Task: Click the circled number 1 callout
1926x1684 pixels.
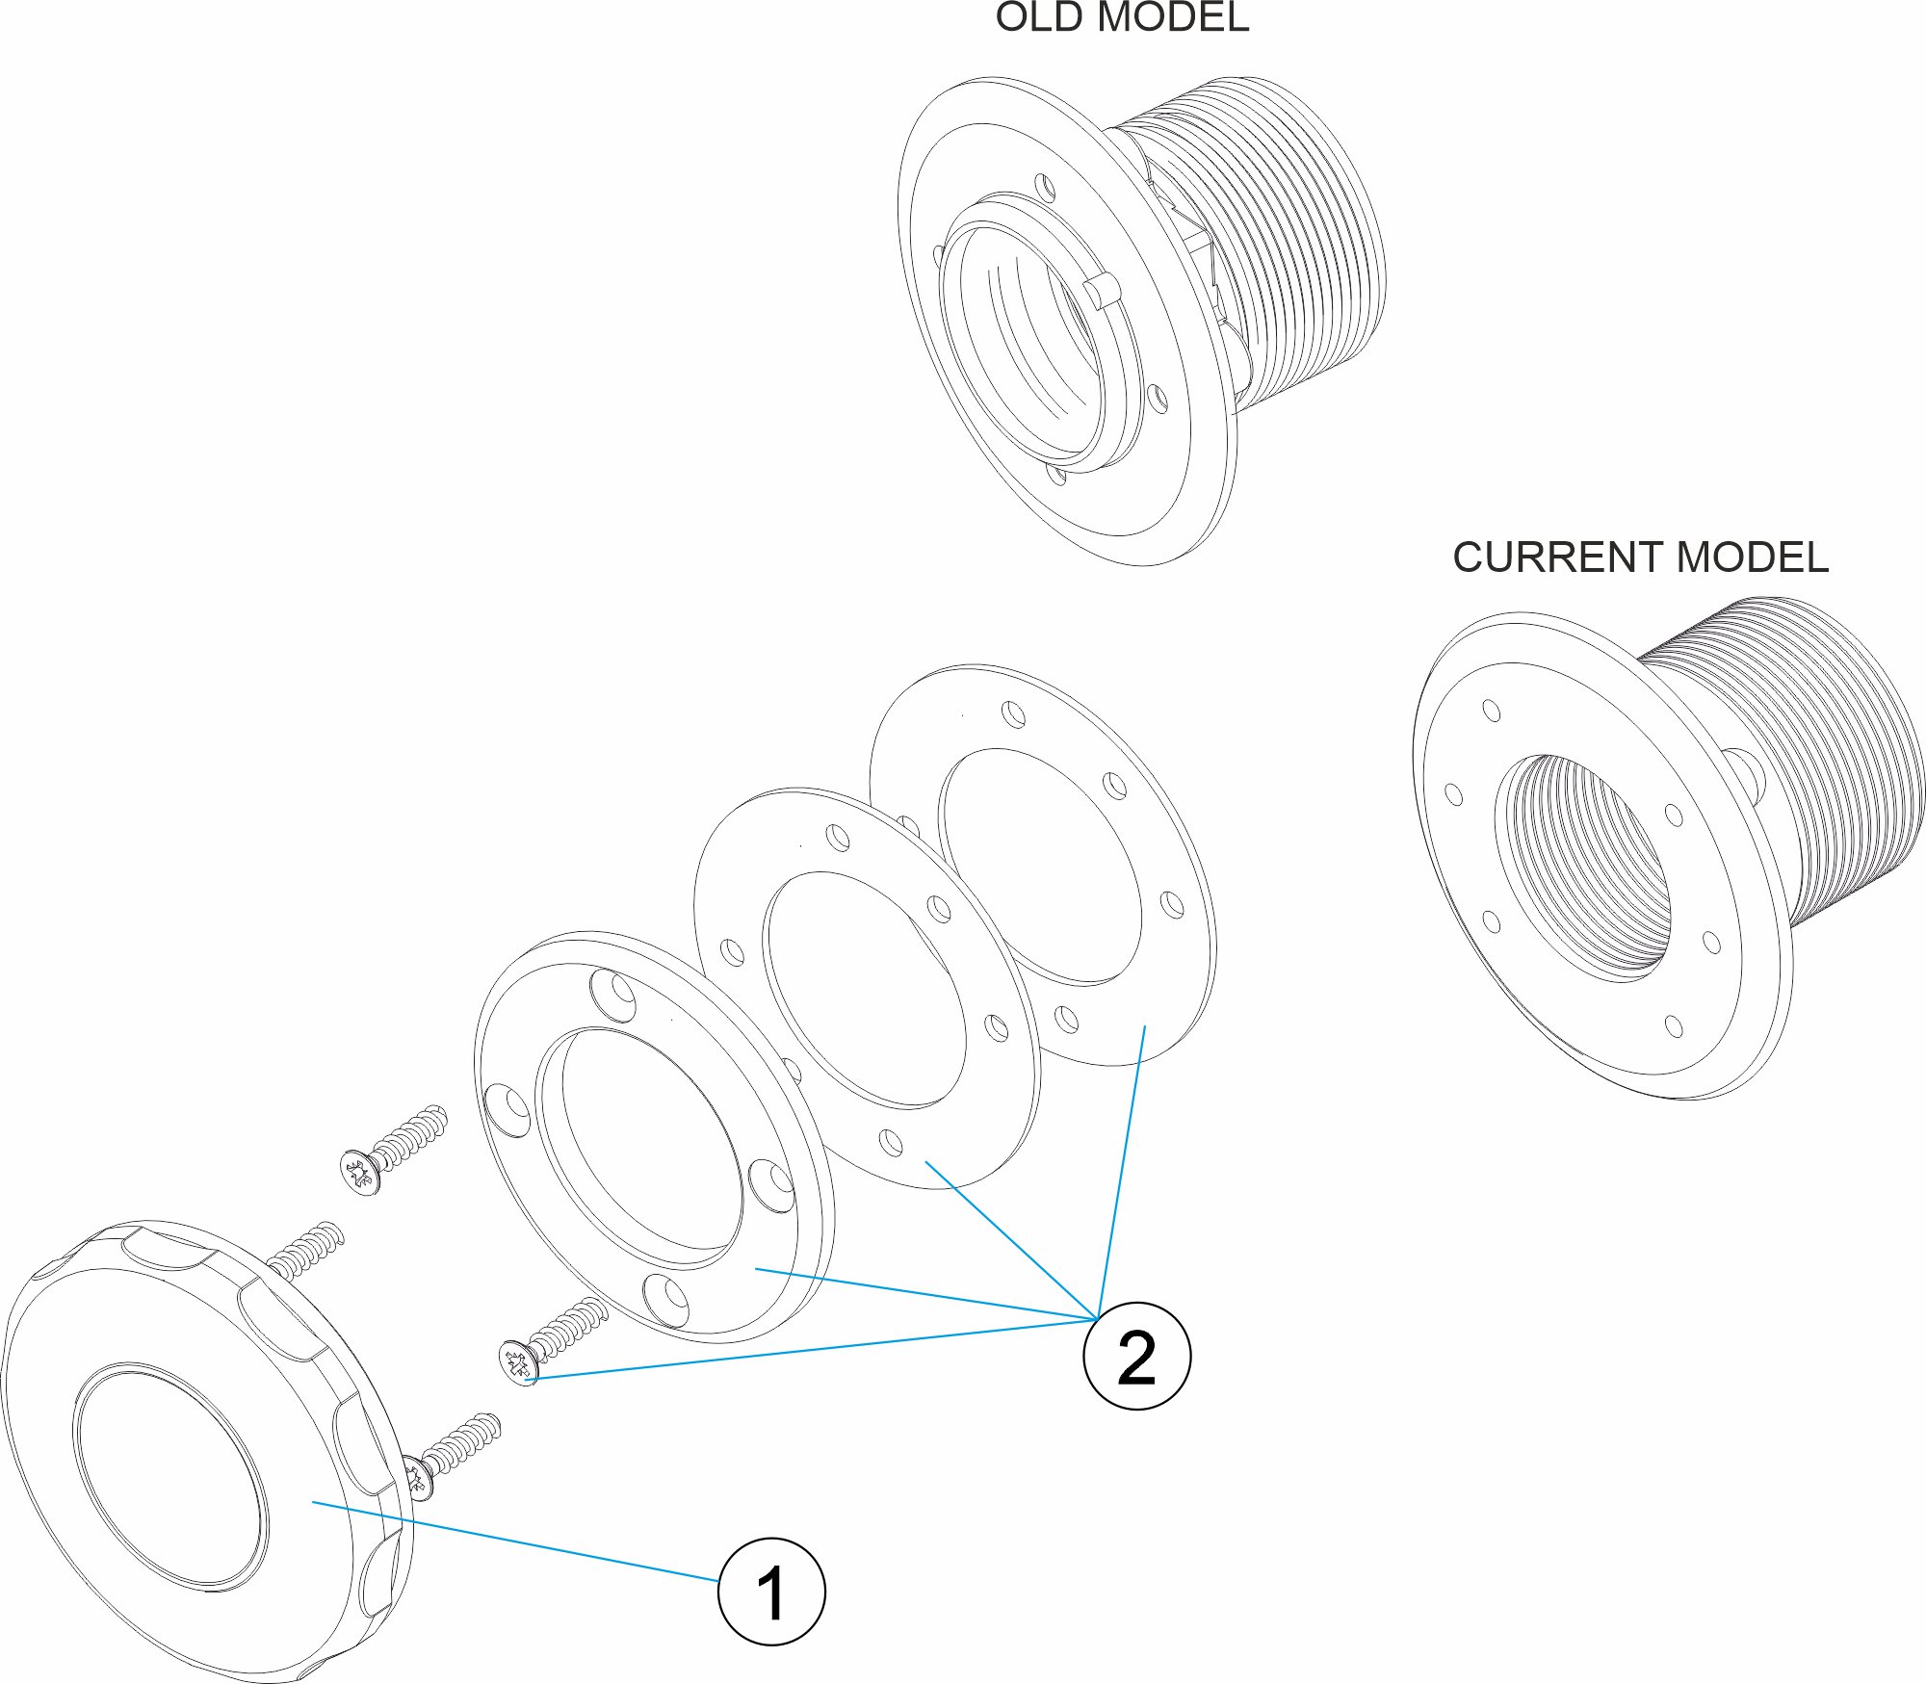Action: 771,1592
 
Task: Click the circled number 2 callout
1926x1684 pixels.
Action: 1136,1357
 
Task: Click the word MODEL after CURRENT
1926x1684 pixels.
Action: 1752,557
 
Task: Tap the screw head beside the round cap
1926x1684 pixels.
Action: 416,1478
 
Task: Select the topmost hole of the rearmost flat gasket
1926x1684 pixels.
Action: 1013,714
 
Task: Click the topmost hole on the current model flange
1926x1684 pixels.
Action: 1492,711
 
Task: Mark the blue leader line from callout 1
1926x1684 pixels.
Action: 515,1541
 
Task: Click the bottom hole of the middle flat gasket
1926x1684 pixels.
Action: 892,1144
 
